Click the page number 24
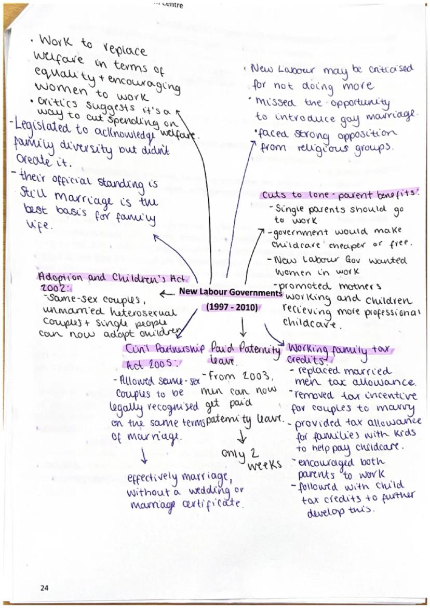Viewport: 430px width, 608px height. pyautogui.click(x=44, y=588)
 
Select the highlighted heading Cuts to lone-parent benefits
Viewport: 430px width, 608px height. pyautogui.click(x=340, y=195)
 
